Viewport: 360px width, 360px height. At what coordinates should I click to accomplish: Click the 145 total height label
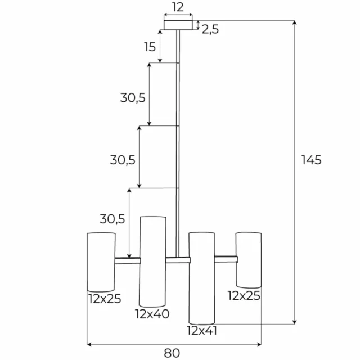click(311, 160)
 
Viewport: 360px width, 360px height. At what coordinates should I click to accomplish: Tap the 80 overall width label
click(172, 353)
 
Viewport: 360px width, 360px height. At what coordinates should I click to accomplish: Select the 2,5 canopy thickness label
click(210, 30)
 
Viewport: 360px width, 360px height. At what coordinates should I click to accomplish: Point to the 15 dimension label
click(150, 47)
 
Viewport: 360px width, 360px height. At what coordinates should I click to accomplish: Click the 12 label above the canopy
click(178, 7)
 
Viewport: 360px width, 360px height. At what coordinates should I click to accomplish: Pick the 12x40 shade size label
click(152, 314)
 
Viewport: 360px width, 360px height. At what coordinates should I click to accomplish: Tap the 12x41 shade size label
click(202, 331)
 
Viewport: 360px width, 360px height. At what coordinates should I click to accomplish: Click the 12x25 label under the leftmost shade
click(105, 299)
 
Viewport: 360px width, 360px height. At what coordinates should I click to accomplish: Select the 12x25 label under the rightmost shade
click(244, 296)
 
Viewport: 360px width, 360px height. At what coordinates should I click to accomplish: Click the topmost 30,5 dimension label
click(133, 98)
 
